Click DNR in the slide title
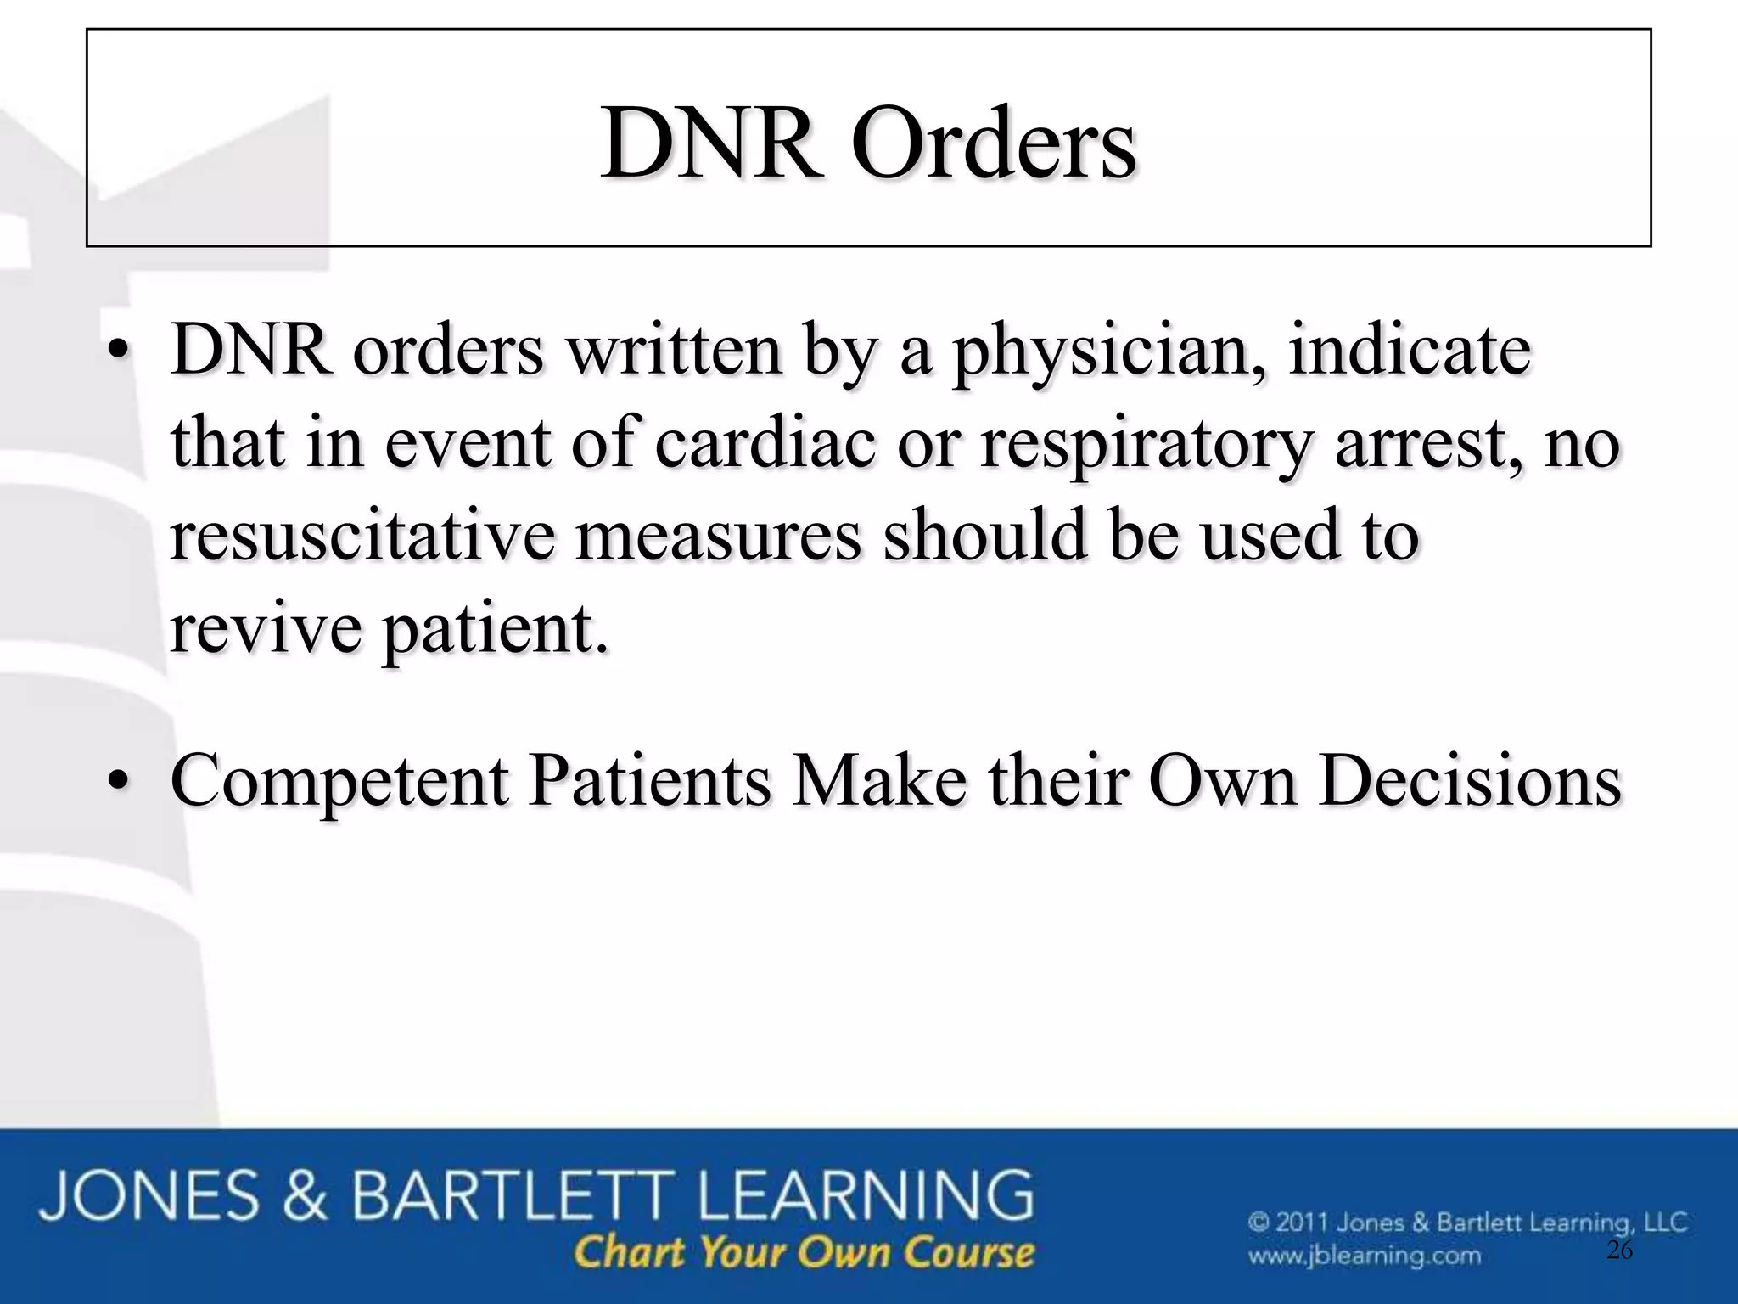(x=713, y=143)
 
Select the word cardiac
(x=765, y=443)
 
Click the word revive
(x=266, y=629)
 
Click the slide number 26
(x=1619, y=1251)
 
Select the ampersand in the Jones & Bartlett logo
(x=305, y=1195)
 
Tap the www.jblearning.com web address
(x=1364, y=1255)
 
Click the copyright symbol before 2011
(x=1259, y=1223)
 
